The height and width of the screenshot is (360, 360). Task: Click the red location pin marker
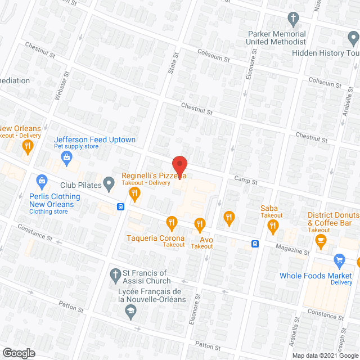point(179,165)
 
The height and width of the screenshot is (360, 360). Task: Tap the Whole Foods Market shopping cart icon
point(339,260)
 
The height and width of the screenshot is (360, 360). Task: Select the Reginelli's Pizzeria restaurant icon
point(134,194)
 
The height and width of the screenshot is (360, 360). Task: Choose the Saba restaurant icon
point(273,226)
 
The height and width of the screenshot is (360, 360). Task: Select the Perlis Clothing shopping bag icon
point(41,181)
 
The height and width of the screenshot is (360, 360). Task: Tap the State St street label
point(172,70)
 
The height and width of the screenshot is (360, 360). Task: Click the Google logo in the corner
point(17,353)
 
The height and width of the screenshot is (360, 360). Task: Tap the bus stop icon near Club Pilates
point(120,206)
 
